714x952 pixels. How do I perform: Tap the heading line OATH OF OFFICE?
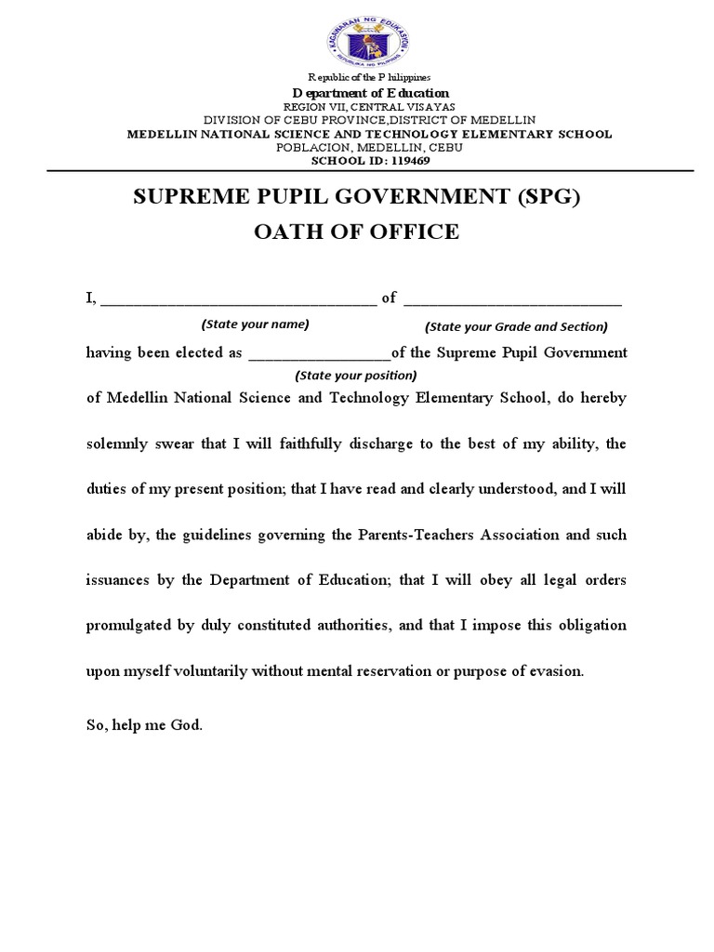tap(357, 231)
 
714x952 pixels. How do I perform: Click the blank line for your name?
tap(238, 299)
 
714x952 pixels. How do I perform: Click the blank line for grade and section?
tap(513, 299)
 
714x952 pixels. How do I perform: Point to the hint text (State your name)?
tap(255, 324)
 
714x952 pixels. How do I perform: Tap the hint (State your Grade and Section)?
tap(516, 326)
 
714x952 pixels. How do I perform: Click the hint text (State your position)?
tap(356, 376)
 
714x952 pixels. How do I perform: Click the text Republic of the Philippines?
tap(370, 76)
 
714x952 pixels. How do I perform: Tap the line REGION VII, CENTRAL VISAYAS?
tap(370, 107)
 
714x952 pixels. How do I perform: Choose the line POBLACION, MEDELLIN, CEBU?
tap(370, 148)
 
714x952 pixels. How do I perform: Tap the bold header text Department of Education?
tap(371, 93)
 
